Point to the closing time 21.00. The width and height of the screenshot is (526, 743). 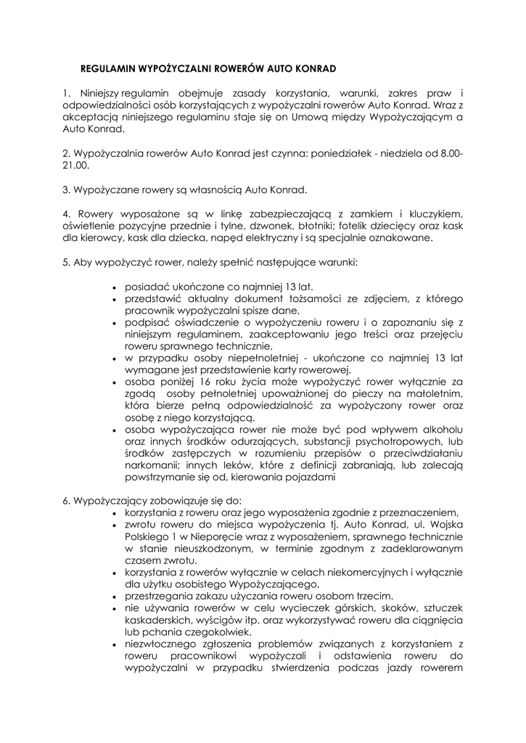pyautogui.click(x=75, y=165)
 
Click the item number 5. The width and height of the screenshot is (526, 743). pyautogui.click(x=66, y=261)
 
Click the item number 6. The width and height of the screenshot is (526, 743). pyautogui.click(x=66, y=501)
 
